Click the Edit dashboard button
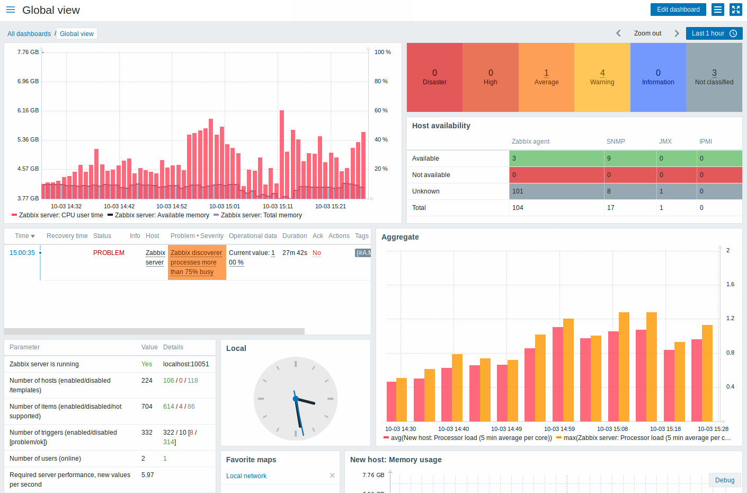[678, 10]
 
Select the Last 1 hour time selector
[714, 33]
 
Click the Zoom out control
[647, 33]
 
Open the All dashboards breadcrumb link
[29, 34]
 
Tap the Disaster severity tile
[434, 77]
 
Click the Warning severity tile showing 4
[602, 77]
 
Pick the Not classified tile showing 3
[714, 77]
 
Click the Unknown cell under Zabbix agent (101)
[556, 191]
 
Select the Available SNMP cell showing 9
[630, 159]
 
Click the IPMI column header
[705, 142]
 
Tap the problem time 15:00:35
[22, 253]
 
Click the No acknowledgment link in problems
[316, 253]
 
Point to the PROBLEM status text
[109, 253]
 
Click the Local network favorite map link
[246, 476]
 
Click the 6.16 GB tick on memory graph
[28, 110]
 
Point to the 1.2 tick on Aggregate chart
[730, 318]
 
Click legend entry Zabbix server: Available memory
[162, 215]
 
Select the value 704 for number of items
[147, 407]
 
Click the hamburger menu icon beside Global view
[11, 10]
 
